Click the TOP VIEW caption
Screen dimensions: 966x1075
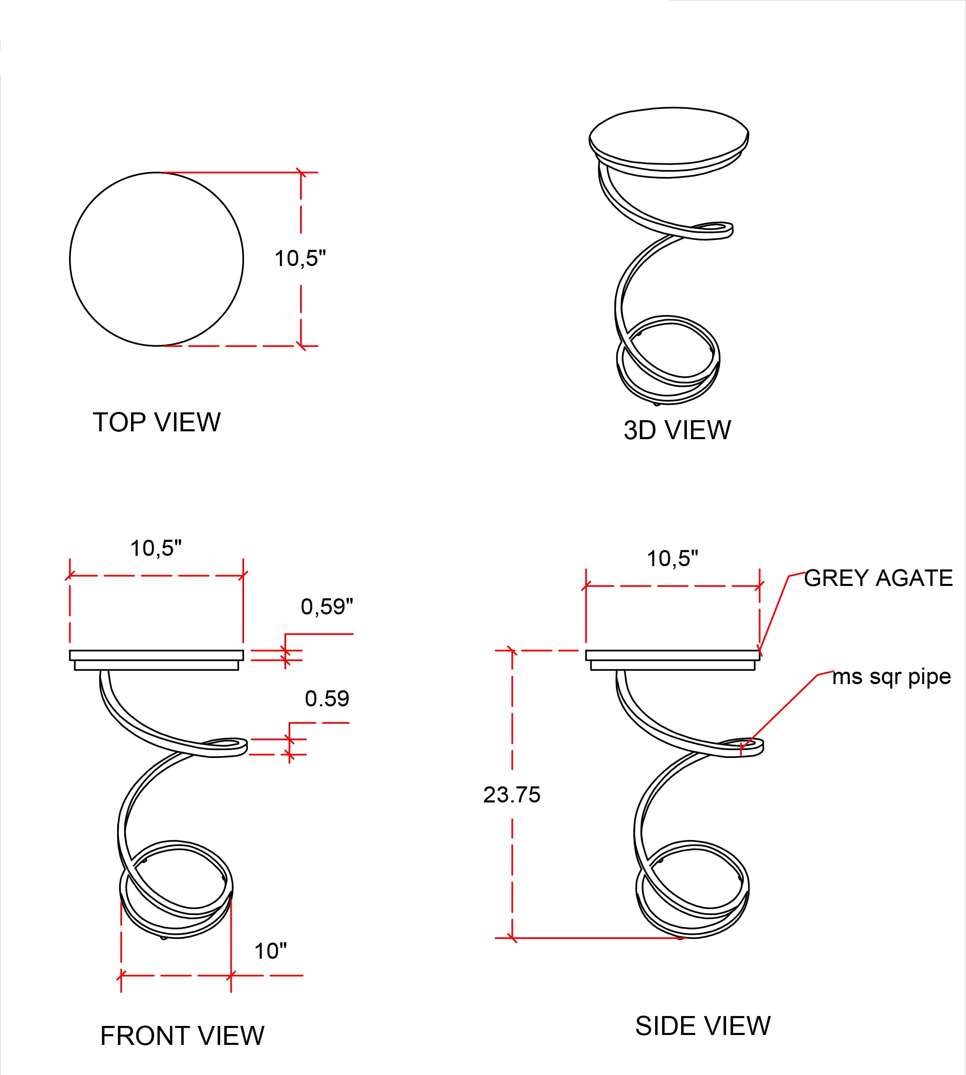157,423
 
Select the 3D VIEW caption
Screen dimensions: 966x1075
677,430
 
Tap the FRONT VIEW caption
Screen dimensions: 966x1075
182,1036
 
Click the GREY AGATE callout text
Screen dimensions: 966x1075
879,578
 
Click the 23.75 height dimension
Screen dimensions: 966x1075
512,795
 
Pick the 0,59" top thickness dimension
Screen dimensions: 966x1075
327,606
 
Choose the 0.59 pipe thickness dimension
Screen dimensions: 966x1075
327,699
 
